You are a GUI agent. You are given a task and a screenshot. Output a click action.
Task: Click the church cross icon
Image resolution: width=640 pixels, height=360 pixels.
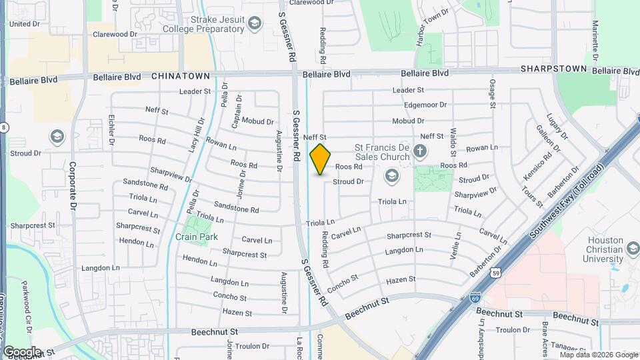pyautogui.click(x=420, y=151)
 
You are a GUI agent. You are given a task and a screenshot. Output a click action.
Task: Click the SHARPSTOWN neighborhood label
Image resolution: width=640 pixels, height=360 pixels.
pyautogui.click(x=553, y=69)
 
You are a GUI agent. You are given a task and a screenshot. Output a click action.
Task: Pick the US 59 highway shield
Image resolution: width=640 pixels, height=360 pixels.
pyautogui.click(x=495, y=273)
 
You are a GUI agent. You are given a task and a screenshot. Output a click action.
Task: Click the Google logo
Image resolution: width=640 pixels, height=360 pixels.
pyautogui.click(x=22, y=351)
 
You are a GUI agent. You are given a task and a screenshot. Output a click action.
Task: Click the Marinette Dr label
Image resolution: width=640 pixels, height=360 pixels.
pyautogui.click(x=595, y=40)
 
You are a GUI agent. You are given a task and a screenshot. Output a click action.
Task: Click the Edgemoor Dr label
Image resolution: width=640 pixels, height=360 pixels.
pyautogui.click(x=425, y=105)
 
